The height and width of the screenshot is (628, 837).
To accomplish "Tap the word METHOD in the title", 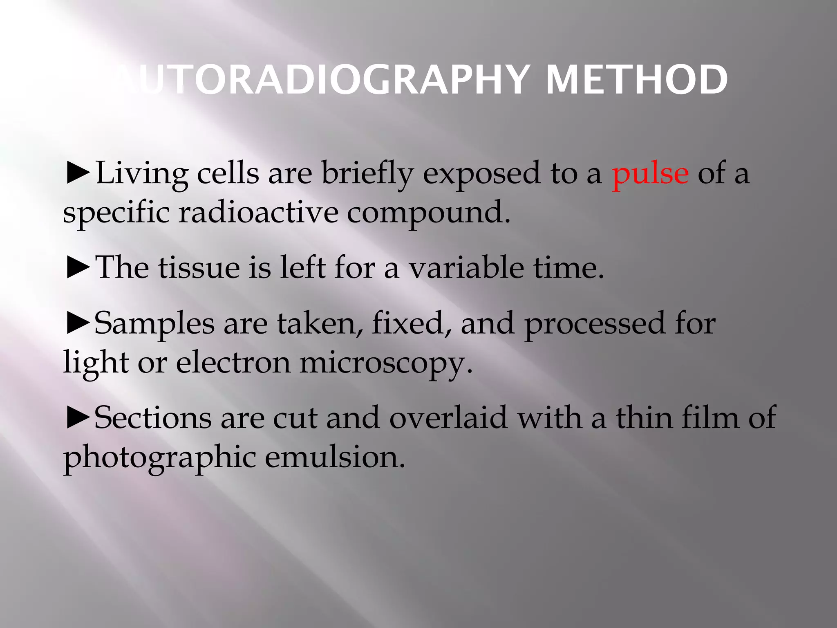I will coord(637,80).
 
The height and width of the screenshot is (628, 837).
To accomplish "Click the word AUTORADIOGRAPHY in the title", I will coord(319,80).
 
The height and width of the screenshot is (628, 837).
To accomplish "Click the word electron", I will coord(233,363).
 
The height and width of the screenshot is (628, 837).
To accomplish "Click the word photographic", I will coord(159,458).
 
